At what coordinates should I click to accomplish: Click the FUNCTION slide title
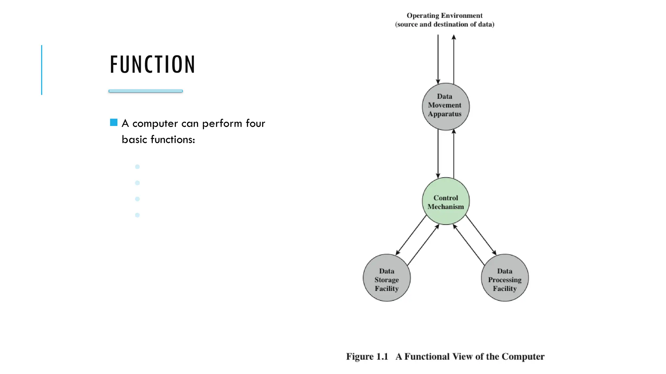click(153, 65)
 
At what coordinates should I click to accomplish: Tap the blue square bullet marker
click(113, 122)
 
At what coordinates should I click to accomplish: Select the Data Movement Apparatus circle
click(446, 106)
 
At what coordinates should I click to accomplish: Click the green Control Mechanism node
click(446, 201)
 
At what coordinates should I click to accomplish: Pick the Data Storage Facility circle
click(387, 278)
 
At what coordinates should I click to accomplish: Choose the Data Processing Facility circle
click(505, 278)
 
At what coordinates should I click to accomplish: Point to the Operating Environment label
click(445, 16)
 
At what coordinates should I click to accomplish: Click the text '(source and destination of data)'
click(445, 24)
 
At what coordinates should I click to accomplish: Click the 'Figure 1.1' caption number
click(367, 356)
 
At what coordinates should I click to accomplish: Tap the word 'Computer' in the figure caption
click(523, 356)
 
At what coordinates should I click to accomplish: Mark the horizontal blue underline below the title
click(146, 91)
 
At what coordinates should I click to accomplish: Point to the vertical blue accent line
click(42, 70)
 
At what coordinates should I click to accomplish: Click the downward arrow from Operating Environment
click(438, 58)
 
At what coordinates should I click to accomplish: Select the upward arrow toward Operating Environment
click(454, 58)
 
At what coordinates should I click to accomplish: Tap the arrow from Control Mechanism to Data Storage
click(411, 235)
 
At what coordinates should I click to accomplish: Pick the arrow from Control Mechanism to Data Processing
click(481, 235)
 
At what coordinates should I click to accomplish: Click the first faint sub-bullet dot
click(137, 167)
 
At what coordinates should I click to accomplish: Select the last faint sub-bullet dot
click(137, 215)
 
